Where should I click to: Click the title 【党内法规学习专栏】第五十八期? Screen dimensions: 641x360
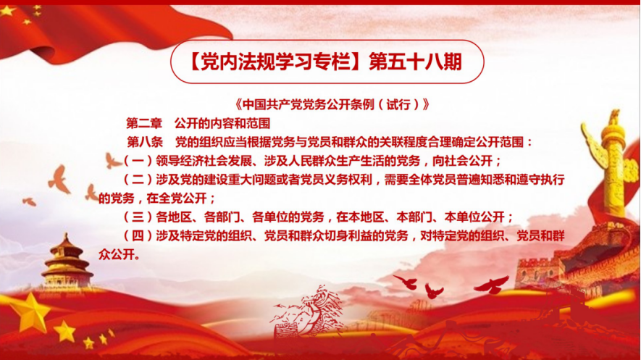(326, 62)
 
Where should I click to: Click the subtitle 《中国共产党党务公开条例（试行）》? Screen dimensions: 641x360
(332, 104)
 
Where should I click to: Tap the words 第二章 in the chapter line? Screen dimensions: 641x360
(144, 123)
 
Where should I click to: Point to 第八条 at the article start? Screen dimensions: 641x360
(145, 142)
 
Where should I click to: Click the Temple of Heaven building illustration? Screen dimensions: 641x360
(66, 262)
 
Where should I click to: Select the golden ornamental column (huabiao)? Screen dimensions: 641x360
(610, 164)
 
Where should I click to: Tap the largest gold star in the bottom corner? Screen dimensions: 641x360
(30, 311)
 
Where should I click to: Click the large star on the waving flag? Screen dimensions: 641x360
(7, 11)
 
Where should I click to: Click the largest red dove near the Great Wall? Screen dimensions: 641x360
(492, 285)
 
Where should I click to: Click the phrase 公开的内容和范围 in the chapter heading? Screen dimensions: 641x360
(222, 123)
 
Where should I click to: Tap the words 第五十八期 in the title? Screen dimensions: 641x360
(416, 62)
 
